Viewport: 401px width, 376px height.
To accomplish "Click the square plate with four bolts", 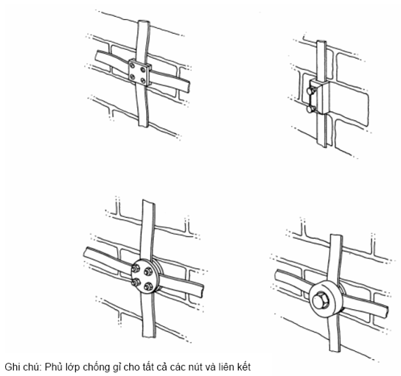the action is point(140,73).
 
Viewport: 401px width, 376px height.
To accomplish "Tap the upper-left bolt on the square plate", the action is point(132,66).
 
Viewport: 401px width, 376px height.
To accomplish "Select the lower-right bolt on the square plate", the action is point(143,81).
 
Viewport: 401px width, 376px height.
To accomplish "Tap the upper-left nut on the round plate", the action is point(135,269).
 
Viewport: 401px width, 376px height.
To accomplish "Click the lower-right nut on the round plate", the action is point(148,287).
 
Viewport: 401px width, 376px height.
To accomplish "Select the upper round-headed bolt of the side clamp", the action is point(311,90).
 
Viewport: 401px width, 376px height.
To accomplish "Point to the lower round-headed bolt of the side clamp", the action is point(311,109).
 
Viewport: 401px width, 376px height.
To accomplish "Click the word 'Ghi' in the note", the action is point(12,367).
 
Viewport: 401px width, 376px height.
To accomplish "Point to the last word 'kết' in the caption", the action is point(244,367).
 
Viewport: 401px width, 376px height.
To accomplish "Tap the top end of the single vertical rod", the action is point(322,42).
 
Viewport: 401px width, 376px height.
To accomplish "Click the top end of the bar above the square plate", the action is point(143,22).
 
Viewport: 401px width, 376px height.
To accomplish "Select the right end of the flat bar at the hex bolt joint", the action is point(386,310).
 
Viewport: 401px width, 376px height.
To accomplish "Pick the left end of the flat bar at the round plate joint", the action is point(86,252).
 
